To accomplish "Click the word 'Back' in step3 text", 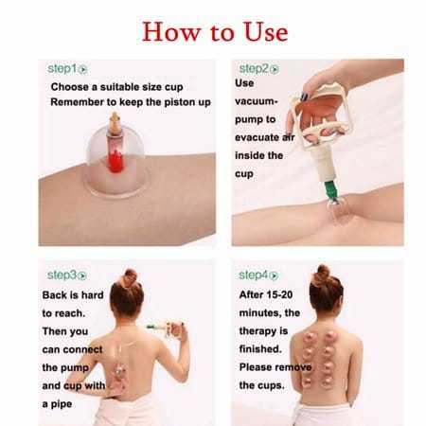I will click(x=58, y=295).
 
